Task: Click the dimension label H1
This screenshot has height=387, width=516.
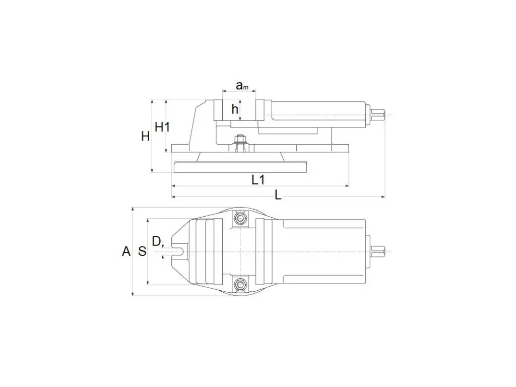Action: [x=162, y=126]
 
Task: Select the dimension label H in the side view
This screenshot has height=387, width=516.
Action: [x=146, y=136]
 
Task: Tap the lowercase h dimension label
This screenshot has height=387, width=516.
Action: [x=235, y=109]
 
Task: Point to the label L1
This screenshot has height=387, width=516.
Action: [x=259, y=180]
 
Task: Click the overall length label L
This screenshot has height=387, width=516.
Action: [x=278, y=196]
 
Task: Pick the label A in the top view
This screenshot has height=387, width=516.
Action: [x=126, y=251]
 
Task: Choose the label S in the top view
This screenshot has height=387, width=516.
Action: [x=142, y=251]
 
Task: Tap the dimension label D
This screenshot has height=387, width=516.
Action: [x=156, y=241]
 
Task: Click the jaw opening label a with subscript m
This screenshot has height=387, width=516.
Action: [x=242, y=86]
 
